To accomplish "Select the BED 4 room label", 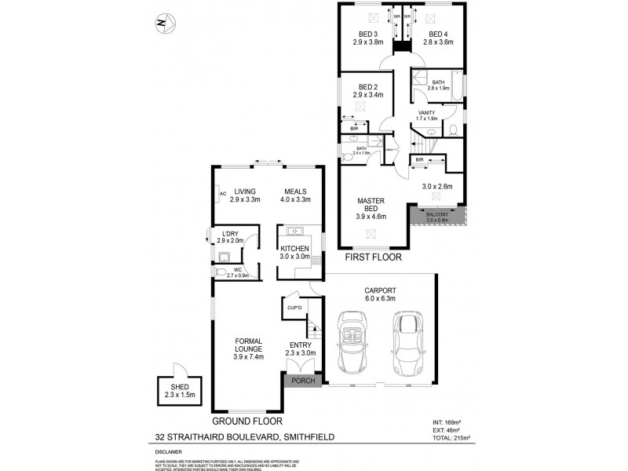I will tap(437, 35).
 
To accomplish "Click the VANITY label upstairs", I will tap(426, 113).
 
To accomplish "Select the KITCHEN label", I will tap(297, 249).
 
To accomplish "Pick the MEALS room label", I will tap(295, 192).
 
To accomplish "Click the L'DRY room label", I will tap(230, 234).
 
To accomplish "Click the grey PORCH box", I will tap(303, 382).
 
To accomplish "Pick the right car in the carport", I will tap(407, 343).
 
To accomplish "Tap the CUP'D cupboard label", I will tap(294, 308).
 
